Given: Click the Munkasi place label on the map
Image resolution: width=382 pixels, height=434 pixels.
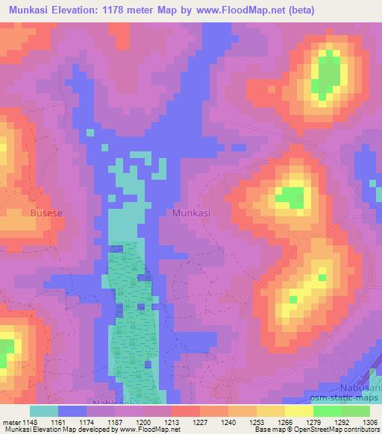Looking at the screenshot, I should [x=191, y=213].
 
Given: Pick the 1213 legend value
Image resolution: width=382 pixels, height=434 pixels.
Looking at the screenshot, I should [x=170, y=422].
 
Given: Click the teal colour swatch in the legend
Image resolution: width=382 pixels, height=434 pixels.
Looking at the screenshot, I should [x=44, y=411].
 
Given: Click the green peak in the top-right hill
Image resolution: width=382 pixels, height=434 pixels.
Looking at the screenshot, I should [x=328, y=75].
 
